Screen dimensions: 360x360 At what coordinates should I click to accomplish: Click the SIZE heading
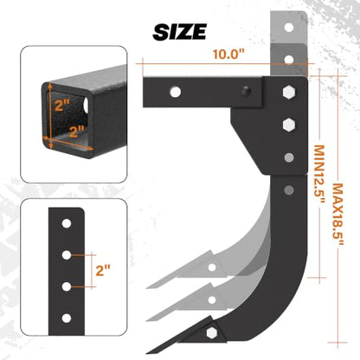point(180,32)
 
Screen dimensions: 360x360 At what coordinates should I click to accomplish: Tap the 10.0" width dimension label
point(228,54)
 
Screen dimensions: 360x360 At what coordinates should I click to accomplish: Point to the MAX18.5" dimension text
point(337,215)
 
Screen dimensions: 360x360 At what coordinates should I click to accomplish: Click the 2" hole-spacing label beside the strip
point(103,271)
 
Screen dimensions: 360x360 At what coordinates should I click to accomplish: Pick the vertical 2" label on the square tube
point(62,106)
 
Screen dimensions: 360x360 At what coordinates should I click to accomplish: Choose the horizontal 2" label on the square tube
point(76,132)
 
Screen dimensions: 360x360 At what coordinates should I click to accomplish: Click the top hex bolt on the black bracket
point(289,92)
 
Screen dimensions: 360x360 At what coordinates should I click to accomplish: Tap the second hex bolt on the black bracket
point(289,125)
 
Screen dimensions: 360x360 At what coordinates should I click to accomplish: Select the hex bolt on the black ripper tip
point(212,333)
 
